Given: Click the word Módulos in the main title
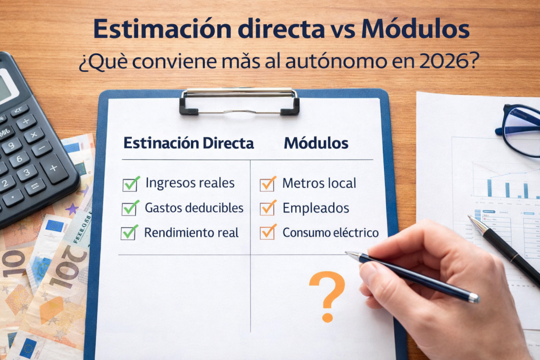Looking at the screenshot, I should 415,30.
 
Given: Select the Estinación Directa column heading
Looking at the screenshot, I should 188,143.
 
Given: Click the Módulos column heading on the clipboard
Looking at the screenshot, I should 316,143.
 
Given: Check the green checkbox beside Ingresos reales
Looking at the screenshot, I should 130,184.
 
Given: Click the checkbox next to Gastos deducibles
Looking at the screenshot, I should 130,208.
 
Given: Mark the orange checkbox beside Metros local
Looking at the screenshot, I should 267,184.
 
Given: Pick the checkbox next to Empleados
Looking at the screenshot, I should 267,208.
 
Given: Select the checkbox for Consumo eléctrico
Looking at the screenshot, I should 267,232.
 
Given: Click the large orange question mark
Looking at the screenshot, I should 327,295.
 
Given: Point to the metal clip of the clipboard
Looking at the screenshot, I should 239,100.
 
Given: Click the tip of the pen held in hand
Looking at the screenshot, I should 348,254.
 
